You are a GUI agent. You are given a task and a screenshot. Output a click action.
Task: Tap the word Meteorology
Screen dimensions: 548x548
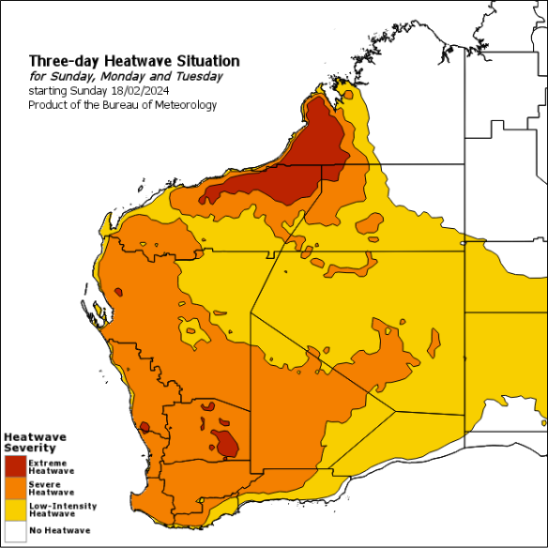[x=186, y=105]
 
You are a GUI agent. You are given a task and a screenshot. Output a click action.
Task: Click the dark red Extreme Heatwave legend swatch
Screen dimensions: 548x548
[x=14, y=466]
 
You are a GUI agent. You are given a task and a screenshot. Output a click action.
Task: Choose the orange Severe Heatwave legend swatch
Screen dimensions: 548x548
[x=14, y=488]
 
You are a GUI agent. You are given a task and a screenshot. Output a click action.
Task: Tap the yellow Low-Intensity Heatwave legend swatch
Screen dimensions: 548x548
[x=14, y=510]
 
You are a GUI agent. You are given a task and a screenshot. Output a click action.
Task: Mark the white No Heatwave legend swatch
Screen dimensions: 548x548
[x=14, y=530]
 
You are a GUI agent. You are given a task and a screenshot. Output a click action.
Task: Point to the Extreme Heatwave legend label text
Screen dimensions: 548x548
[x=51, y=466]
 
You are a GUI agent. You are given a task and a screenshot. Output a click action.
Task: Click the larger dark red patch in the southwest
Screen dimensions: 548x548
[x=225, y=442]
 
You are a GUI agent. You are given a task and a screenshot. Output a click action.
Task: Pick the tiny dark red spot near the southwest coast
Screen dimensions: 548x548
[x=145, y=427]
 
